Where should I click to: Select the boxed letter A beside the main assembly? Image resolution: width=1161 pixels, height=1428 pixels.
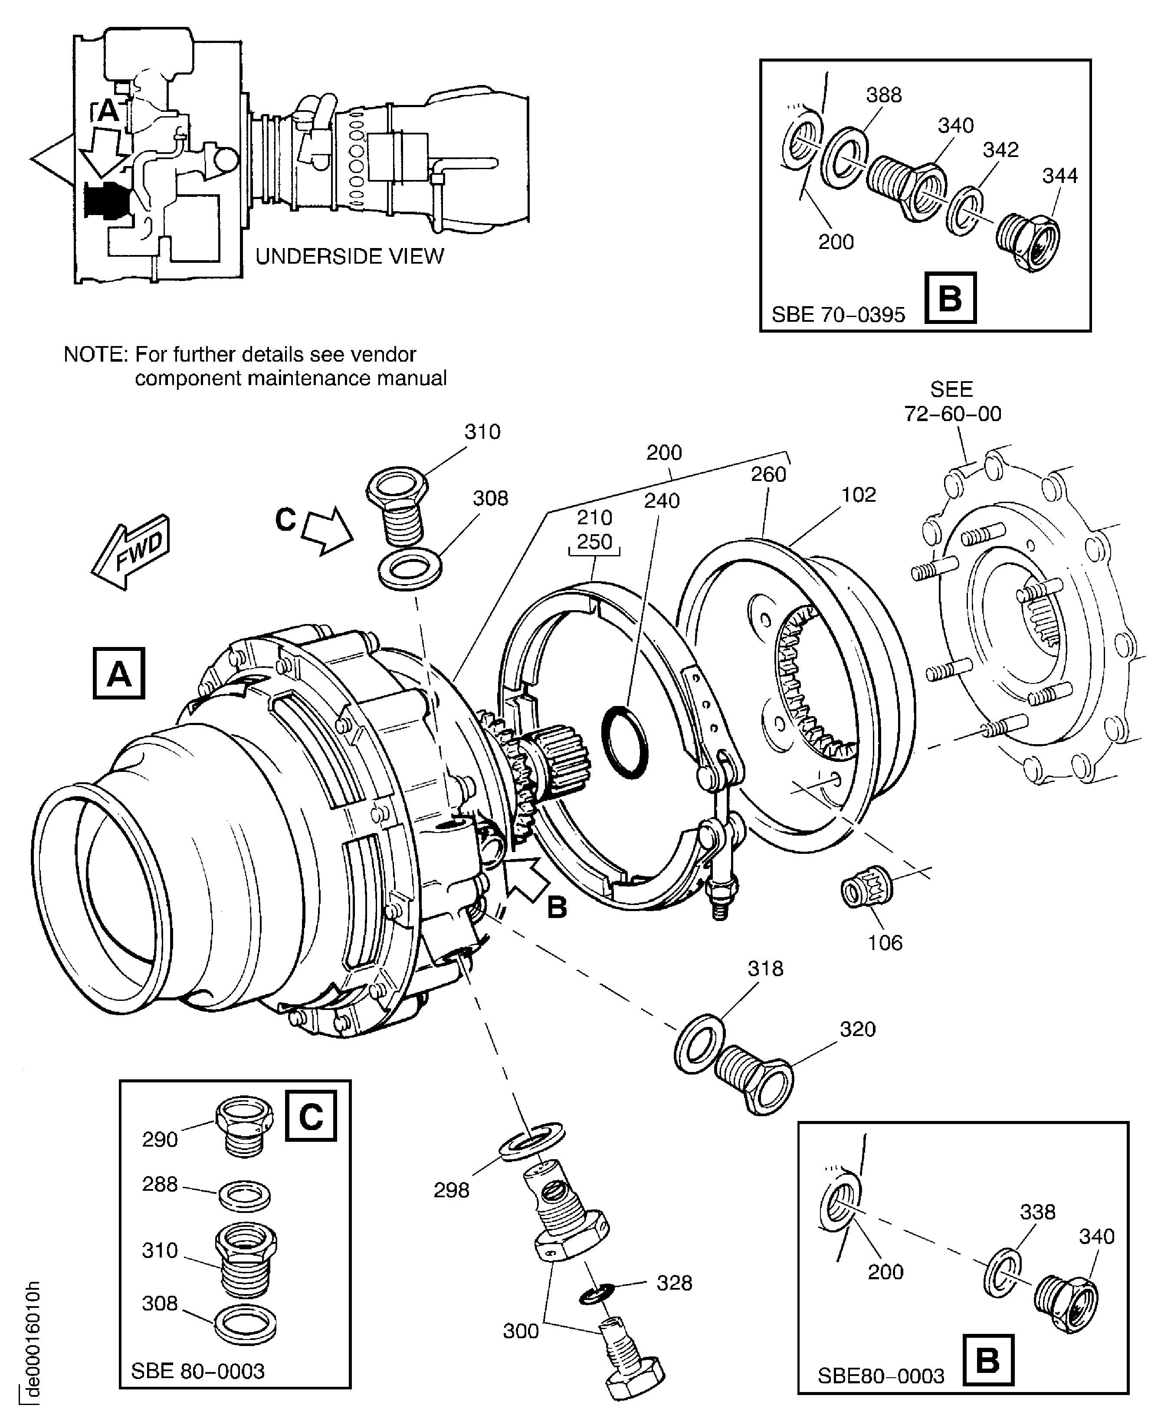(119, 673)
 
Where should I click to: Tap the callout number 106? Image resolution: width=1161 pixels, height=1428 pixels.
(885, 943)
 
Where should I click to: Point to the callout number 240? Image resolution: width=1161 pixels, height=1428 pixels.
(662, 501)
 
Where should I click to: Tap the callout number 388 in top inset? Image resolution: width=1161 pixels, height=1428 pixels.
(883, 95)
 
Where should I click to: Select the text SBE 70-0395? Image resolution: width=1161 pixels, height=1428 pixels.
(838, 315)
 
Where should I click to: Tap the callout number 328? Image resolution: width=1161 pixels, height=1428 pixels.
(674, 1283)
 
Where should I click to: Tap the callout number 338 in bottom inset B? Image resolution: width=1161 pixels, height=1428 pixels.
(1037, 1212)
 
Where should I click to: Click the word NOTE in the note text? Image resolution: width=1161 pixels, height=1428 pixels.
(94, 354)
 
